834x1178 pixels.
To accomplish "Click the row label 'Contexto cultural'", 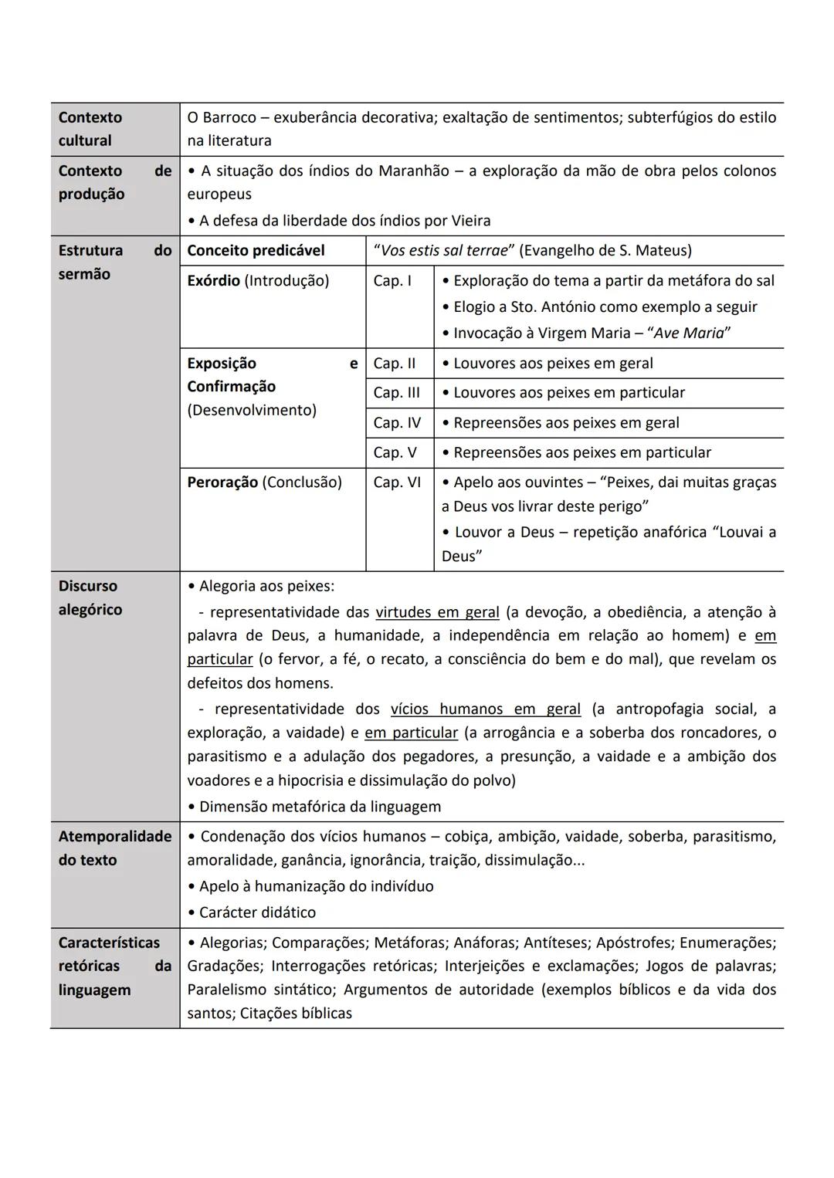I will click(90, 129).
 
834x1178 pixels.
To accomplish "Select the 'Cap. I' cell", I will click(392, 281).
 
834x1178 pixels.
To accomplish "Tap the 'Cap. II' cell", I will click(395, 364).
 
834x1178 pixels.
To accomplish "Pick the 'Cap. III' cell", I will click(396, 393).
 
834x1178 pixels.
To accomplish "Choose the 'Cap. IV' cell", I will click(397, 423).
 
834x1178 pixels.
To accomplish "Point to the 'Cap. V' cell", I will click(395, 452).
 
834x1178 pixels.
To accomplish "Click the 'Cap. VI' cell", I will click(397, 482).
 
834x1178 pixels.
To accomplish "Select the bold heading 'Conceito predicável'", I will click(256, 251).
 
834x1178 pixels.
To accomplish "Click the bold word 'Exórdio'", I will click(213, 281).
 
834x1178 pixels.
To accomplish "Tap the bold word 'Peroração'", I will click(222, 482).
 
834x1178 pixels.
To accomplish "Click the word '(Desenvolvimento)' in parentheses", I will click(252, 410).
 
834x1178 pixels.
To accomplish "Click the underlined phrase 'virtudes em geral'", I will click(437, 612).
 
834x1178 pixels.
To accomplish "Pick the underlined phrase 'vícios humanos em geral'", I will click(485, 709).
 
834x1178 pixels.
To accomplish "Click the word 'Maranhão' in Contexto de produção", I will click(413, 171).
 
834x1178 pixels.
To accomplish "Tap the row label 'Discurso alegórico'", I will click(90, 597).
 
